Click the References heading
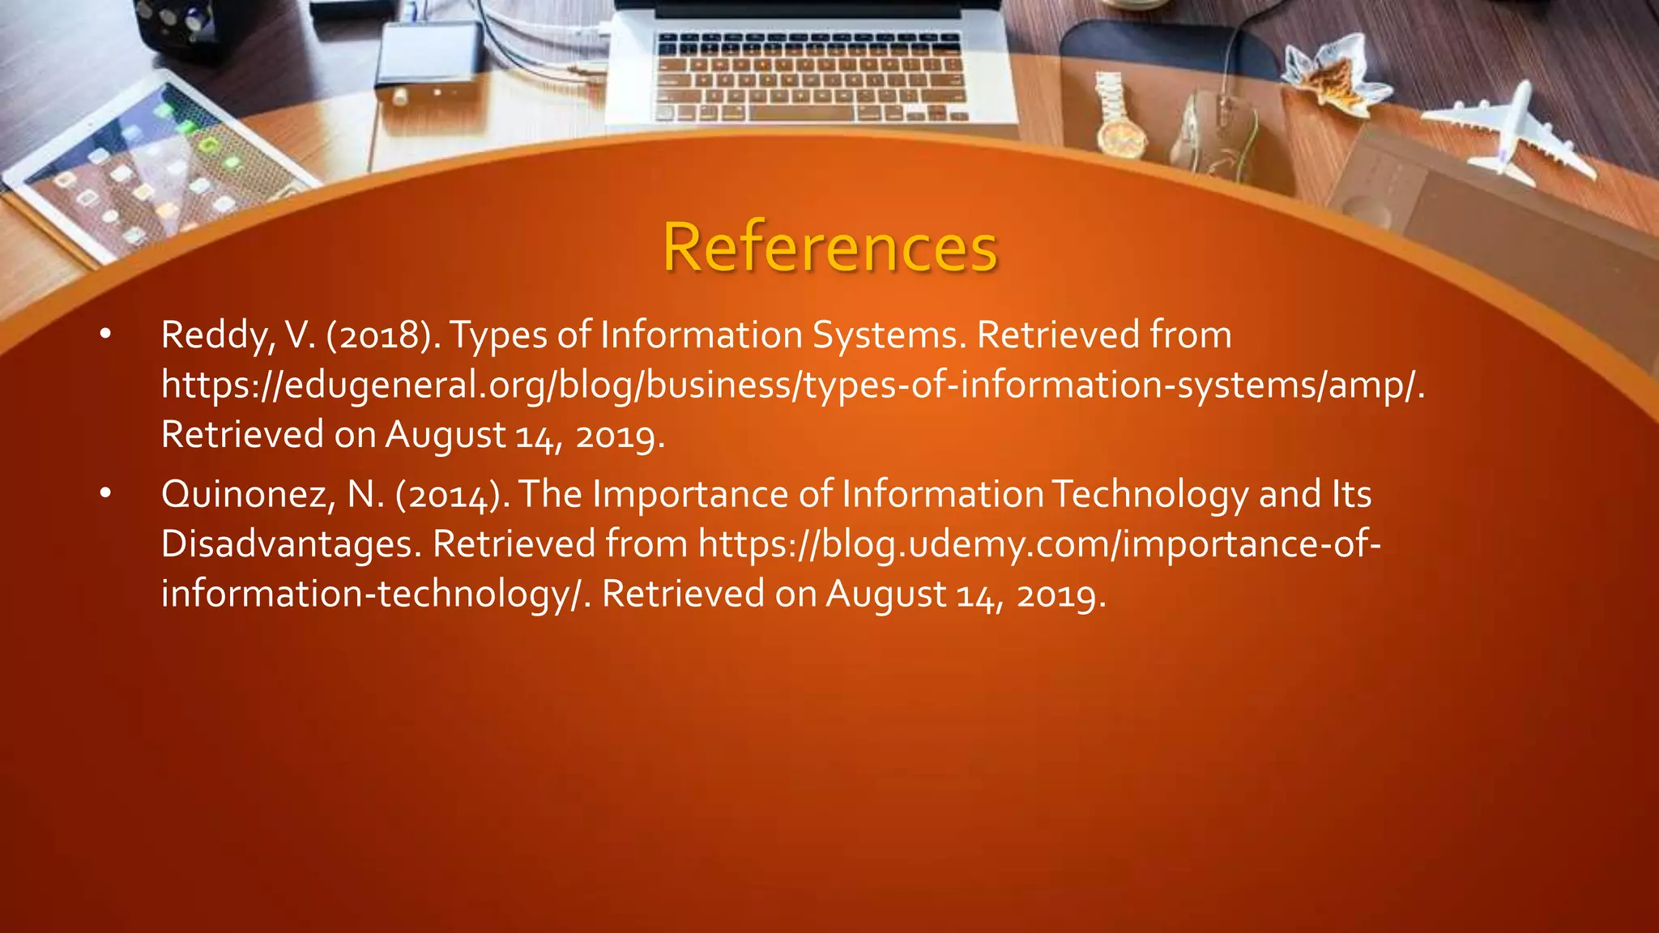point(829,247)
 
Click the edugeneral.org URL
point(792,386)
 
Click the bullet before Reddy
point(105,334)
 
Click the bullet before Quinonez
point(105,494)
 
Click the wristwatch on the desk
point(1120,117)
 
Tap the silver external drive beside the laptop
point(429,61)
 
